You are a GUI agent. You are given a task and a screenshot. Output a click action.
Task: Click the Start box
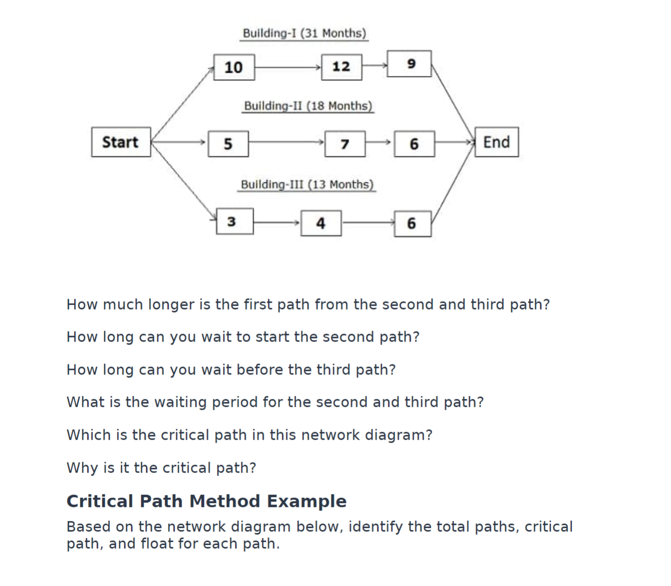tap(121, 142)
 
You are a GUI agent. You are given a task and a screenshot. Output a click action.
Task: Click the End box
tap(496, 142)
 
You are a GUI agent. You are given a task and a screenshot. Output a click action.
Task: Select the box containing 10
tap(234, 67)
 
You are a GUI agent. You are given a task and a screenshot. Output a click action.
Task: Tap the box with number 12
tap(341, 67)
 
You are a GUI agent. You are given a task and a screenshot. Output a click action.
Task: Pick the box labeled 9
tap(409, 64)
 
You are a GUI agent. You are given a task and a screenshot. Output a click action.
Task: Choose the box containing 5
tap(228, 144)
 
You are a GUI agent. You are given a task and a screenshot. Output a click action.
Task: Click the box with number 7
tap(344, 144)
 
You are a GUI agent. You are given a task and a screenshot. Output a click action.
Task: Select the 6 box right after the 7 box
tap(414, 144)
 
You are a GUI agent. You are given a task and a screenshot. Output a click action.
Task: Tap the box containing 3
tap(234, 222)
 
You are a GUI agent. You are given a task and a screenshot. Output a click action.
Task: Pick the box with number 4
tap(321, 223)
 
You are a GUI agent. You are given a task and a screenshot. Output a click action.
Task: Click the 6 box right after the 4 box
tap(412, 224)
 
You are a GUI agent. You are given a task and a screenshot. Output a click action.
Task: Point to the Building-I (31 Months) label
tap(304, 33)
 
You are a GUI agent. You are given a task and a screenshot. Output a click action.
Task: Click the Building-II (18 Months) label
tap(308, 106)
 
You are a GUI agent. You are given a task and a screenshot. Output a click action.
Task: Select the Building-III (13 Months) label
tap(307, 185)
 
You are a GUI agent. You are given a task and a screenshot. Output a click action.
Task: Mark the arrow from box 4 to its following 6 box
tap(368, 223)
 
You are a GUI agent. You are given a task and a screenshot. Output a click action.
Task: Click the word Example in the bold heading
tap(307, 501)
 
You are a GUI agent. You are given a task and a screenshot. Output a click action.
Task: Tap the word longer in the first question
tap(171, 304)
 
